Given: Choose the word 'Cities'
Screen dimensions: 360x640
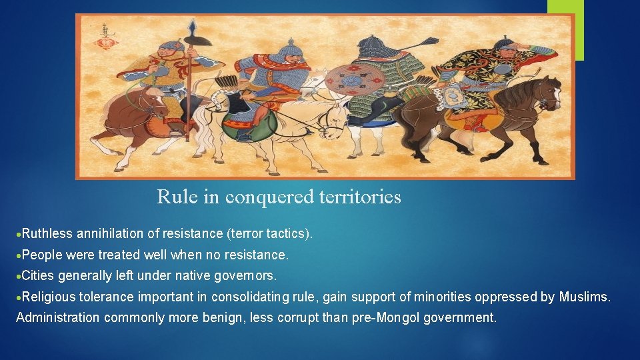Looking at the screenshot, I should point(37,275).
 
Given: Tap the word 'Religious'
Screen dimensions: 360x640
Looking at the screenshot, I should point(49,297).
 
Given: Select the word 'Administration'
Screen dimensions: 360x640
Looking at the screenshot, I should point(58,317).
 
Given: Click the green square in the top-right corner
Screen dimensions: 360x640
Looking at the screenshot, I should point(565,27).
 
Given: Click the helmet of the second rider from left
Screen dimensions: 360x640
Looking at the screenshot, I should point(288,48).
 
